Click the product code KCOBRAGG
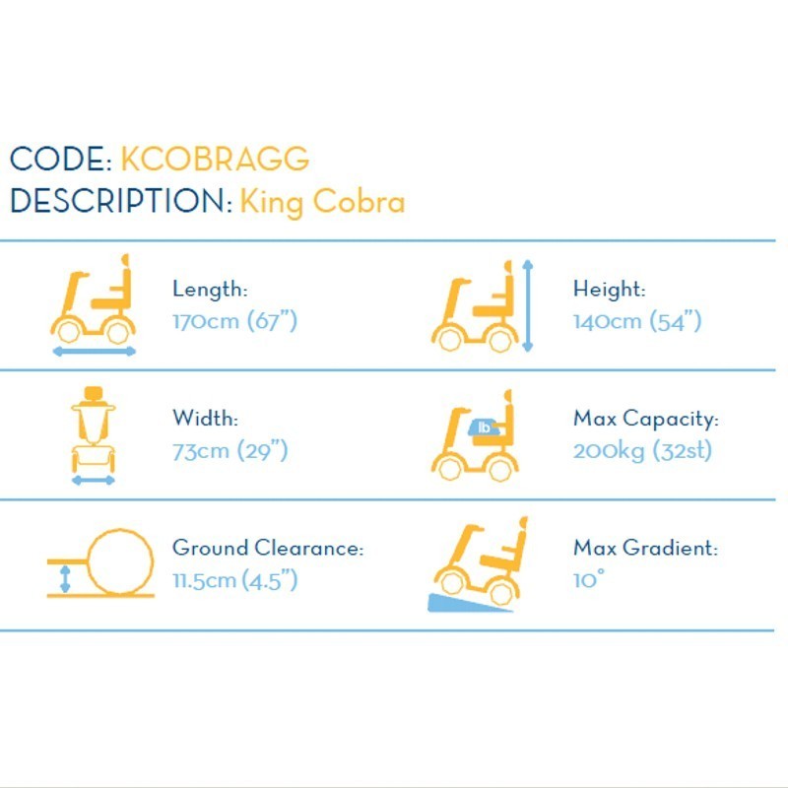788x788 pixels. [215, 160]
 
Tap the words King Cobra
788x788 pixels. [323, 203]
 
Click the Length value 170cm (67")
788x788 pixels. [235, 321]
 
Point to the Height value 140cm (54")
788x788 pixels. [637, 321]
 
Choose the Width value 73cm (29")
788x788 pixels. [230, 451]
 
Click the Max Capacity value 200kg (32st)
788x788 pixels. [643, 451]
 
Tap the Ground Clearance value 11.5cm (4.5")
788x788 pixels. [235, 580]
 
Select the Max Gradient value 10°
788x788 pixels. [589, 580]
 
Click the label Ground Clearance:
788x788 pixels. [268, 548]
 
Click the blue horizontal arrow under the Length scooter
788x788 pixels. [95, 352]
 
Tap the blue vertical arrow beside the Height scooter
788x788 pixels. [527, 305]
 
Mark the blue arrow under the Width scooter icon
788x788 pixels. [94, 481]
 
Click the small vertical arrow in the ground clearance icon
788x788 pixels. [65, 578]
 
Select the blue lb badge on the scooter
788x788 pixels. [484, 427]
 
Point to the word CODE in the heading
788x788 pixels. [57, 160]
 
